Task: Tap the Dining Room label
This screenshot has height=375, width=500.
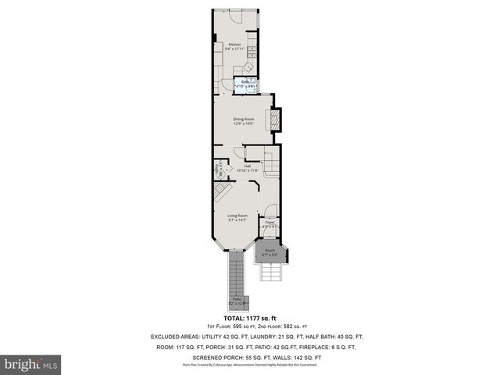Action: coord(244,119)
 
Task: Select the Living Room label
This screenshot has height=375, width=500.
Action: coord(237,215)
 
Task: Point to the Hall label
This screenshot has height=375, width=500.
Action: coord(247,166)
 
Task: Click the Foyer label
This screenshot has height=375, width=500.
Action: coord(270,222)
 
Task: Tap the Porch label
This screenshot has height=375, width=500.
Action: coord(270,250)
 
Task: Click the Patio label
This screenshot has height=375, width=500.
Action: coord(237,298)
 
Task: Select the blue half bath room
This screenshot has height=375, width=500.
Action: coord(247,84)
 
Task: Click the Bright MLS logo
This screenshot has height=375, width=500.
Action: coord(31,364)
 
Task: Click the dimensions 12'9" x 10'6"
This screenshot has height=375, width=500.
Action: coord(244,123)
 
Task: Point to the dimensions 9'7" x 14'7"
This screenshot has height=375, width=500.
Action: coord(237,220)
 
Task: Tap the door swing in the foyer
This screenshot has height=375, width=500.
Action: coord(270,210)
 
